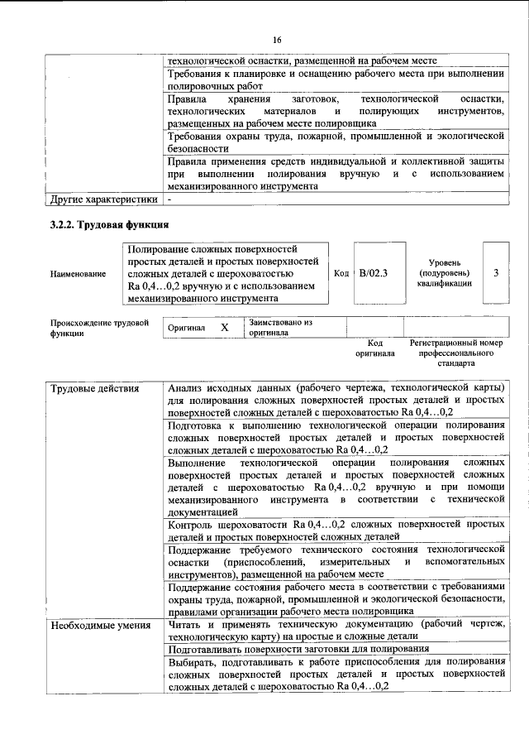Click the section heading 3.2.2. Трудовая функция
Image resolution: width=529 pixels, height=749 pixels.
tap(109, 224)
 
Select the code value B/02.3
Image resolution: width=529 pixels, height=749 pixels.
tap(374, 272)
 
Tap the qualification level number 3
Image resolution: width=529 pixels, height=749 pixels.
tap(495, 272)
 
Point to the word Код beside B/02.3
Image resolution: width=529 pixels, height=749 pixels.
tap(341, 272)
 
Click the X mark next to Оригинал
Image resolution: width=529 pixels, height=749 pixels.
tap(224, 328)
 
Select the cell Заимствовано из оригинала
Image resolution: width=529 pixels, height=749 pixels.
tap(280, 328)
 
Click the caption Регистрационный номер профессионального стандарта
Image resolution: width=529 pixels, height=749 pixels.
tap(455, 353)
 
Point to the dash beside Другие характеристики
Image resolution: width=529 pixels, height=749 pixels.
tap(169, 199)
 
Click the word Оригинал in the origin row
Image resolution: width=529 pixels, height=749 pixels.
tap(186, 328)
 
